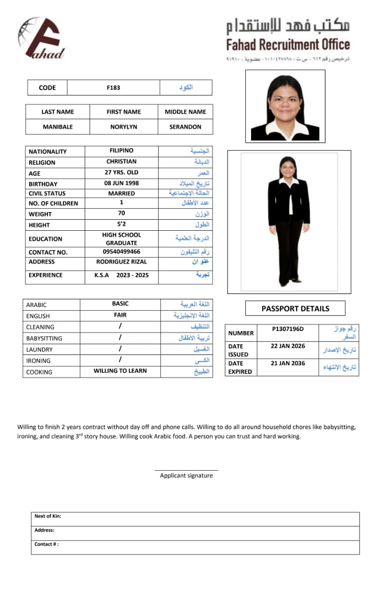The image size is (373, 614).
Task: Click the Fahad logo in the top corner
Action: point(41,38)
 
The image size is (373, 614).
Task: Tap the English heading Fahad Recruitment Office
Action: point(288,45)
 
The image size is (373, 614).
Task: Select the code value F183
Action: point(114,88)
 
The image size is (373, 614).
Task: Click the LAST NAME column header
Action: point(58,112)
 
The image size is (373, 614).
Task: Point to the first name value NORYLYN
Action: point(123,127)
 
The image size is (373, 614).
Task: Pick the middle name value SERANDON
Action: point(185,127)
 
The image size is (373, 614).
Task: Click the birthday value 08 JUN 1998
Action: point(121,183)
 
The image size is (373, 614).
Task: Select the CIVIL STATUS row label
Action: point(48,194)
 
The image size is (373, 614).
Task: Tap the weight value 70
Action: point(121,213)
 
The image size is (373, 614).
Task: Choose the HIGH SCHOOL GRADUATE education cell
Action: point(121,239)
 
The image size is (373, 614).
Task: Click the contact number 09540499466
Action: point(121,251)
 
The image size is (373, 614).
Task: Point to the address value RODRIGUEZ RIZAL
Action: point(121,261)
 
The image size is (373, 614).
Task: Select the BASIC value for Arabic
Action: point(120,304)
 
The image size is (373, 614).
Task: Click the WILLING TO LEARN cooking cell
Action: point(120,371)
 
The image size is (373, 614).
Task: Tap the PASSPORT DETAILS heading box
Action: point(295,308)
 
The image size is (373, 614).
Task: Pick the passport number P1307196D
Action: point(288,329)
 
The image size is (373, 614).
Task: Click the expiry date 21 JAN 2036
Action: point(288,363)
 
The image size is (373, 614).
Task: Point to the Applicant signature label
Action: point(186,475)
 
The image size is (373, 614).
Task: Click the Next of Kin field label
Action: point(48,516)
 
